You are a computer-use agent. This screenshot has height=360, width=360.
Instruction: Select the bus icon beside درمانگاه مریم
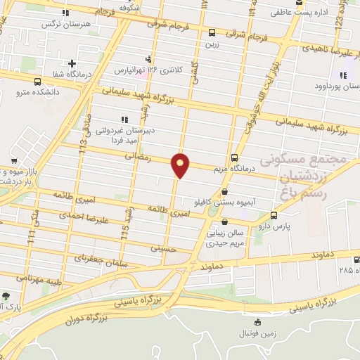234,157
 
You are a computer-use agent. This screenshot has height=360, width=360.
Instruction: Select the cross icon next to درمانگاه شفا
72,64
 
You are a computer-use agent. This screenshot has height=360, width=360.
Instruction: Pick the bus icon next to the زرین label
212,32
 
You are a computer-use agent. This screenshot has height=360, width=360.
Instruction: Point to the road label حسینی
160,248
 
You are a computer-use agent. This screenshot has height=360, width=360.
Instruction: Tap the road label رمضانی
139,159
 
